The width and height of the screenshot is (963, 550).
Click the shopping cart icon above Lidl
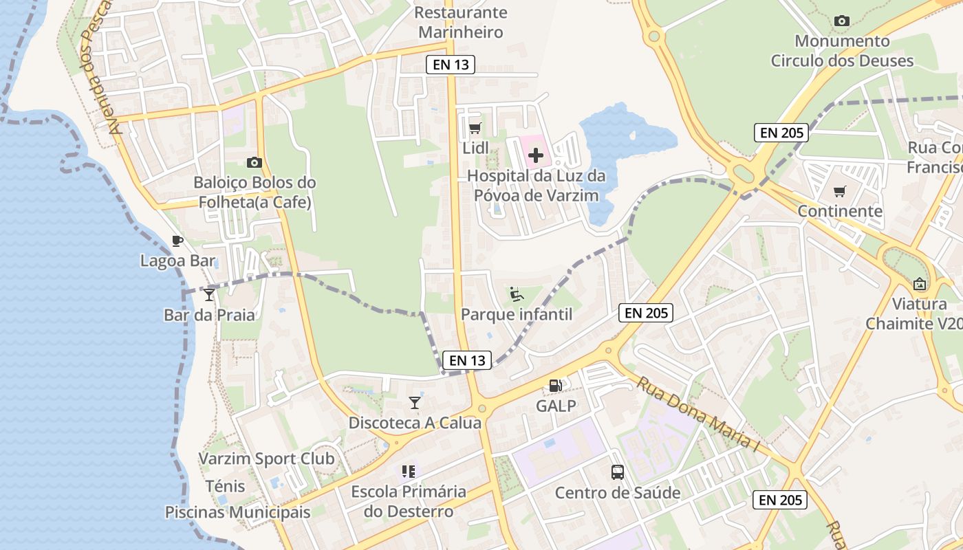pyautogui.click(x=475, y=128)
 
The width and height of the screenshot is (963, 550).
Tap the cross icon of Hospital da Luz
pyautogui.click(x=536, y=155)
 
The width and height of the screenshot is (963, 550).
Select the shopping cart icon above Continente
pyautogui.click(x=840, y=191)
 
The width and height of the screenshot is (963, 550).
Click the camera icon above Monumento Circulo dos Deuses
pyautogui.click(x=841, y=21)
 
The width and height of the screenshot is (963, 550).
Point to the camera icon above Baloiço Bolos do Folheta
pyautogui.click(x=255, y=163)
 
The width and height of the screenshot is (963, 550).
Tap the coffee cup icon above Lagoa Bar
pyautogui.click(x=177, y=241)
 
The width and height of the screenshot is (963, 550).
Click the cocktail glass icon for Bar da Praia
pyautogui.click(x=209, y=295)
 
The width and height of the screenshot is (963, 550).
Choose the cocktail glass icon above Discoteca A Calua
pyautogui.click(x=415, y=402)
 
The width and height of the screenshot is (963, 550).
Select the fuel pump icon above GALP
pyautogui.click(x=556, y=386)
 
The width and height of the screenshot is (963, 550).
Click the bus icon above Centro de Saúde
pyautogui.click(x=618, y=472)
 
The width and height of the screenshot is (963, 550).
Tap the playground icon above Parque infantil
pyautogui.click(x=516, y=294)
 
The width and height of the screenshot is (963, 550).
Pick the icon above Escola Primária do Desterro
pyautogui.click(x=409, y=472)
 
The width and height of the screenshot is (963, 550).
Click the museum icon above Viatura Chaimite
pyautogui.click(x=920, y=283)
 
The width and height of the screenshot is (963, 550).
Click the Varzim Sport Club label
pyautogui.click(x=267, y=459)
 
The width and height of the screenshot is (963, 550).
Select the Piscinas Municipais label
pyautogui.click(x=237, y=512)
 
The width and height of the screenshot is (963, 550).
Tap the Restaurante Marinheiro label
pyautogui.click(x=461, y=22)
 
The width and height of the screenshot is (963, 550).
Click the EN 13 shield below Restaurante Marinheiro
pyautogui.click(x=451, y=65)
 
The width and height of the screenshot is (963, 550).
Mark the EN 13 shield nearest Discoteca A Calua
pyautogui.click(x=468, y=360)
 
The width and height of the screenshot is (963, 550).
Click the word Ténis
pyautogui.click(x=225, y=486)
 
